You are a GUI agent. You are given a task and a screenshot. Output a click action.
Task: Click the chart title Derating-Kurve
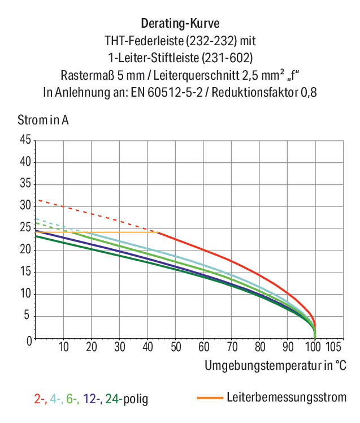(180, 24)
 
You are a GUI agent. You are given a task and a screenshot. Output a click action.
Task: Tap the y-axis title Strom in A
(43, 120)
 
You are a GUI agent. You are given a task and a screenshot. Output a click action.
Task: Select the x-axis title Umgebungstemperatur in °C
(275, 365)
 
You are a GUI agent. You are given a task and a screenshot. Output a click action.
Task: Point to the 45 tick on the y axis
(25, 140)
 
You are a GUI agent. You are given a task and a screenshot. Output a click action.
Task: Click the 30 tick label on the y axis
(25, 206)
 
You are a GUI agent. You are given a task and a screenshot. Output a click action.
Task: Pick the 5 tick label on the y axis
(27, 315)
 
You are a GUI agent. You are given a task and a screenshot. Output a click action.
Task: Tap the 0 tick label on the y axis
(29, 341)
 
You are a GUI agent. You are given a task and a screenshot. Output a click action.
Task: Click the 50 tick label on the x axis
(176, 347)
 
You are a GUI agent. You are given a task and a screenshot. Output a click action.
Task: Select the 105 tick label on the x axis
(333, 347)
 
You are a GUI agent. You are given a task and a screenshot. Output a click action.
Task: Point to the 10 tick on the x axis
(64, 347)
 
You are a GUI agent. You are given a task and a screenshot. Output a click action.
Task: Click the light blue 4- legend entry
(57, 399)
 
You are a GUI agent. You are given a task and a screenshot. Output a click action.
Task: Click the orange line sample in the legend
(210, 398)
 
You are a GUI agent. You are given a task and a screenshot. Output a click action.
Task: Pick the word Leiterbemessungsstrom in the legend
(287, 398)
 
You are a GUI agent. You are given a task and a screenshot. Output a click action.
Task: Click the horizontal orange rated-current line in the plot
(97, 232)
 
